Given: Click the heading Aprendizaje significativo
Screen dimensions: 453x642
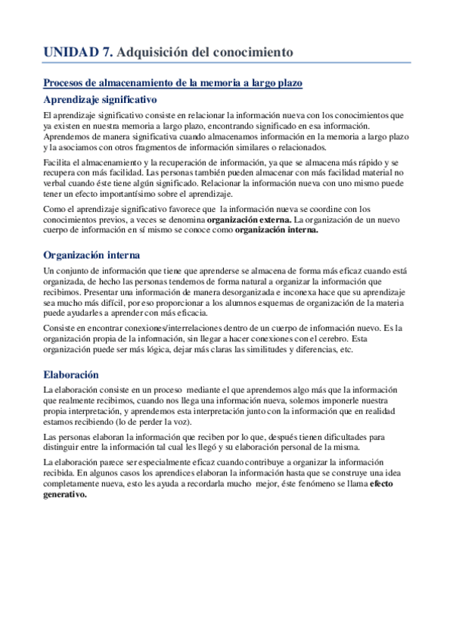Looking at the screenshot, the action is click(x=100, y=99).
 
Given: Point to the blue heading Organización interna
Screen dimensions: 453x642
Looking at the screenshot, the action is click(x=92, y=254).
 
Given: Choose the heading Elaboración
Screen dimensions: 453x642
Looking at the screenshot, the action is click(x=72, y=374).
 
